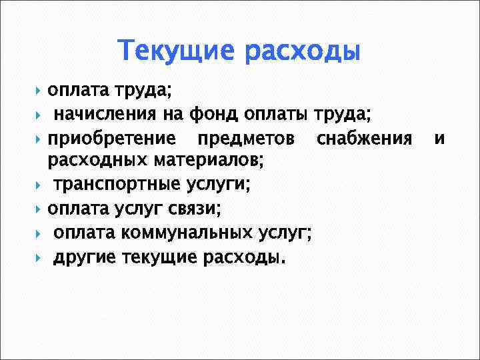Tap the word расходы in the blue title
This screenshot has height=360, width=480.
[301, 52]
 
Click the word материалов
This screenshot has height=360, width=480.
[210, 160]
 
